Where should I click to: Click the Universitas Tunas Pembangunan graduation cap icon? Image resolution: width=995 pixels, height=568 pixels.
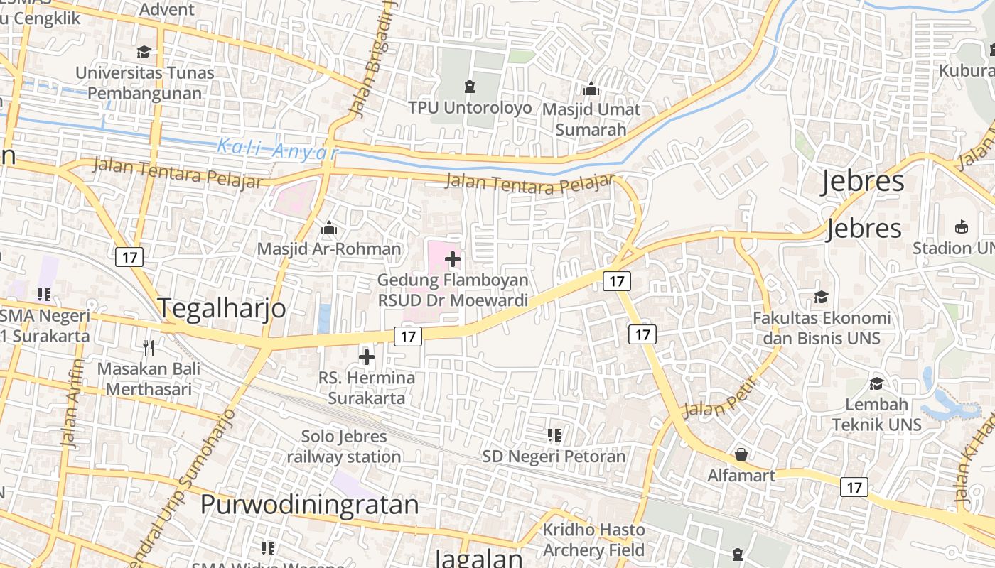[x=144, y=52]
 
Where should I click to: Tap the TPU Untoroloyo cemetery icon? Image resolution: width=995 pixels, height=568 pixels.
[x=469, y=87]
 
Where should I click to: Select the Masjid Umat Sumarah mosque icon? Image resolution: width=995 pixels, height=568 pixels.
[x=591, y=89]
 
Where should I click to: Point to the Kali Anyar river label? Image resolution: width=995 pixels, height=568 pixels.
[x=277, y=149]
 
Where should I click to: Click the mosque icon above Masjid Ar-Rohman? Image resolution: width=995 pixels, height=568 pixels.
[x=328, y=229]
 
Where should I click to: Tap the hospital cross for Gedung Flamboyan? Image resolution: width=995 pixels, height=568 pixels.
[x=452, y=259]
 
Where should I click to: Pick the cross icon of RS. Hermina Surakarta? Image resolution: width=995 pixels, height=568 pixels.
[x=367, y=356]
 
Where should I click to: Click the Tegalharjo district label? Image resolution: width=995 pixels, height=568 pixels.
[x=221, y=308]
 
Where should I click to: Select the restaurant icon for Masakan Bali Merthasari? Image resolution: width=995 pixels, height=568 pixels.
[x=149, y=348]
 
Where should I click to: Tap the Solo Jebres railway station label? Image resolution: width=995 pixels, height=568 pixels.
[x=344, y=447]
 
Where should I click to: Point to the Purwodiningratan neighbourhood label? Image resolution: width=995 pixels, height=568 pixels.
[x=309, y=504]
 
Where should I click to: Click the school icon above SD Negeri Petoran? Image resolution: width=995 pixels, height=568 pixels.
[x=554, y=435]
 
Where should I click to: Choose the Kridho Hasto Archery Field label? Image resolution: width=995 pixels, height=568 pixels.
[x=594, y=540]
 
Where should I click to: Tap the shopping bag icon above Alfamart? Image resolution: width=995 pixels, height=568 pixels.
[x=741, y=454]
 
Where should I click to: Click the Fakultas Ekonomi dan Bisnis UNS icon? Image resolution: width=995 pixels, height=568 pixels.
[x=822, y=297]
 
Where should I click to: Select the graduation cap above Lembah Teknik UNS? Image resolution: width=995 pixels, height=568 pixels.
[x=877, y=383]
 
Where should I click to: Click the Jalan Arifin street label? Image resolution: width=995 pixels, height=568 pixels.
[x=73, y=403]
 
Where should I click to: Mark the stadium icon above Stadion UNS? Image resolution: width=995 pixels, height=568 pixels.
[x=962, y=227]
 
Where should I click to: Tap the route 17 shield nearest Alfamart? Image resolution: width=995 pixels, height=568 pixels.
[x=854, y=487]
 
